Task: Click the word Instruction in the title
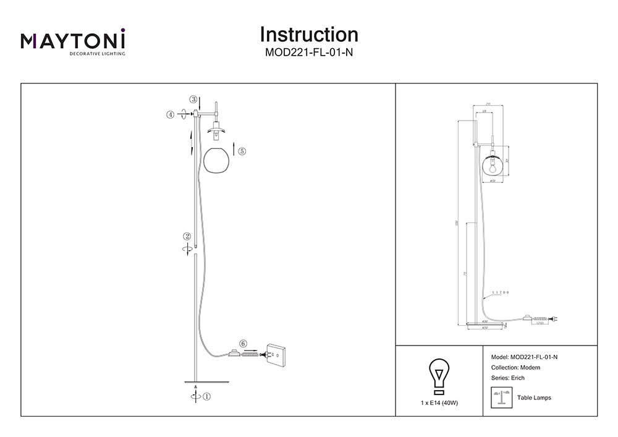309,34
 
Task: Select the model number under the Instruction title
309,53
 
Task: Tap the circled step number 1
207,397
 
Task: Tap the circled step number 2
186,236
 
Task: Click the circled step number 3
193,99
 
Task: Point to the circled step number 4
170,114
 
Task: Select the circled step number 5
242,151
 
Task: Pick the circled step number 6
243,343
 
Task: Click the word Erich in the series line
517,378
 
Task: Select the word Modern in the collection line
530,368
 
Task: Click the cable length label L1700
500,292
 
